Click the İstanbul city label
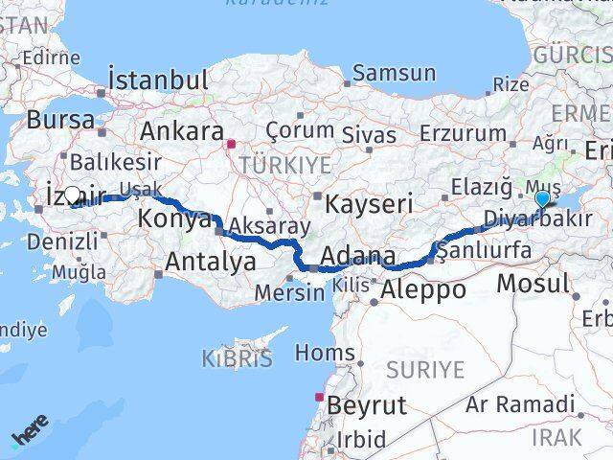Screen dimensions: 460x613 point(159,80)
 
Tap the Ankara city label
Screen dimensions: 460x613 point(182,131)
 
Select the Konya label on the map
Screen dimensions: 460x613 point(174,219)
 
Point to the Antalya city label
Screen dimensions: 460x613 point(211,261)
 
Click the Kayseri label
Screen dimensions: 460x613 point(369,203)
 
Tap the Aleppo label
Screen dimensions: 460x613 point(422,289)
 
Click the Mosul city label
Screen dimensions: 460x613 point(534,284)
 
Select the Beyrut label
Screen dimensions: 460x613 point(367,405)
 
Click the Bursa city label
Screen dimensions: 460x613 point(61,121)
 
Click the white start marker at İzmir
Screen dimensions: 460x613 point(72,195)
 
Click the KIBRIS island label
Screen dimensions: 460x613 point(236,359)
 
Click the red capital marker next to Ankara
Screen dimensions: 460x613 point(230,146)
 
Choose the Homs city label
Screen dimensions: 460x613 point(325,354)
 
